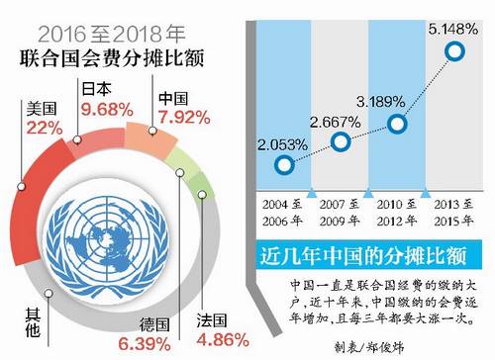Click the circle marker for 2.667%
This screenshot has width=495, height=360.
tap(342, 142)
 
